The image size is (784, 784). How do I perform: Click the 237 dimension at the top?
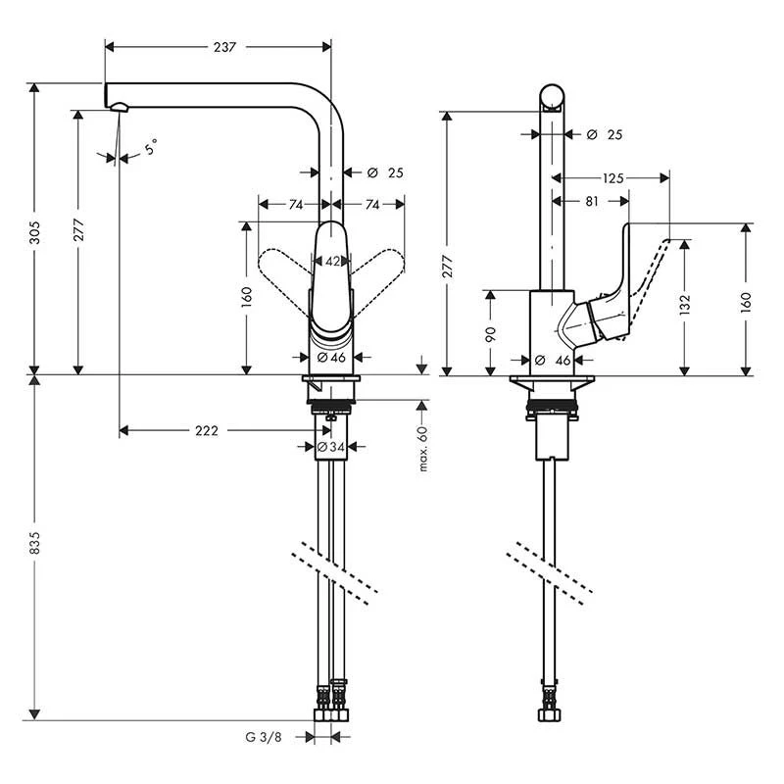(223, 48)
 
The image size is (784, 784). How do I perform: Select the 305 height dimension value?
(37, 232)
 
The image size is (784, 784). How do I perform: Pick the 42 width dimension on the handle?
(332, 262)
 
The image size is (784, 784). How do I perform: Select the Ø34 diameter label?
(331, 447)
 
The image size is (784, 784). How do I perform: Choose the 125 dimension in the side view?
(613, 178)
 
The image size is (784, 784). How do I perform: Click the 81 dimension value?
(591, 201)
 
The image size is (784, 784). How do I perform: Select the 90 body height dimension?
(492, 333)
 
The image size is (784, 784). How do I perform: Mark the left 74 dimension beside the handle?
(293, 204)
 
